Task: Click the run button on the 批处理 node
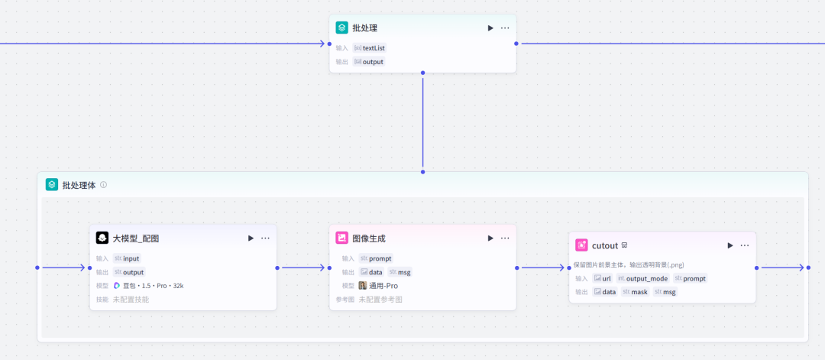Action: point(490,28)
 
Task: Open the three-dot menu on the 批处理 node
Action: point(505,28)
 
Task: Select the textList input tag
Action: point(370,47)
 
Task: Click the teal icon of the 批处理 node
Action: point(342,28)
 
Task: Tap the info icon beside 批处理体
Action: point(104,184)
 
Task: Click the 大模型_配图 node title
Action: point(136,238)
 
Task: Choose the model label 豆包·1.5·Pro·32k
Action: point(149,285)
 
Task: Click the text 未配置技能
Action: point(131,299)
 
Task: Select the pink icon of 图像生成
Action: point(342,238)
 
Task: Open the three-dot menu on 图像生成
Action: point(505,238)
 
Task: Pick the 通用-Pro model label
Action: point(379,285)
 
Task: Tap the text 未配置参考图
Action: point(380,299)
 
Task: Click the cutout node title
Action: point(604,245)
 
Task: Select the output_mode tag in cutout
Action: point(642,278)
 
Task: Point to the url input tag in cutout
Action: point(603,278)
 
